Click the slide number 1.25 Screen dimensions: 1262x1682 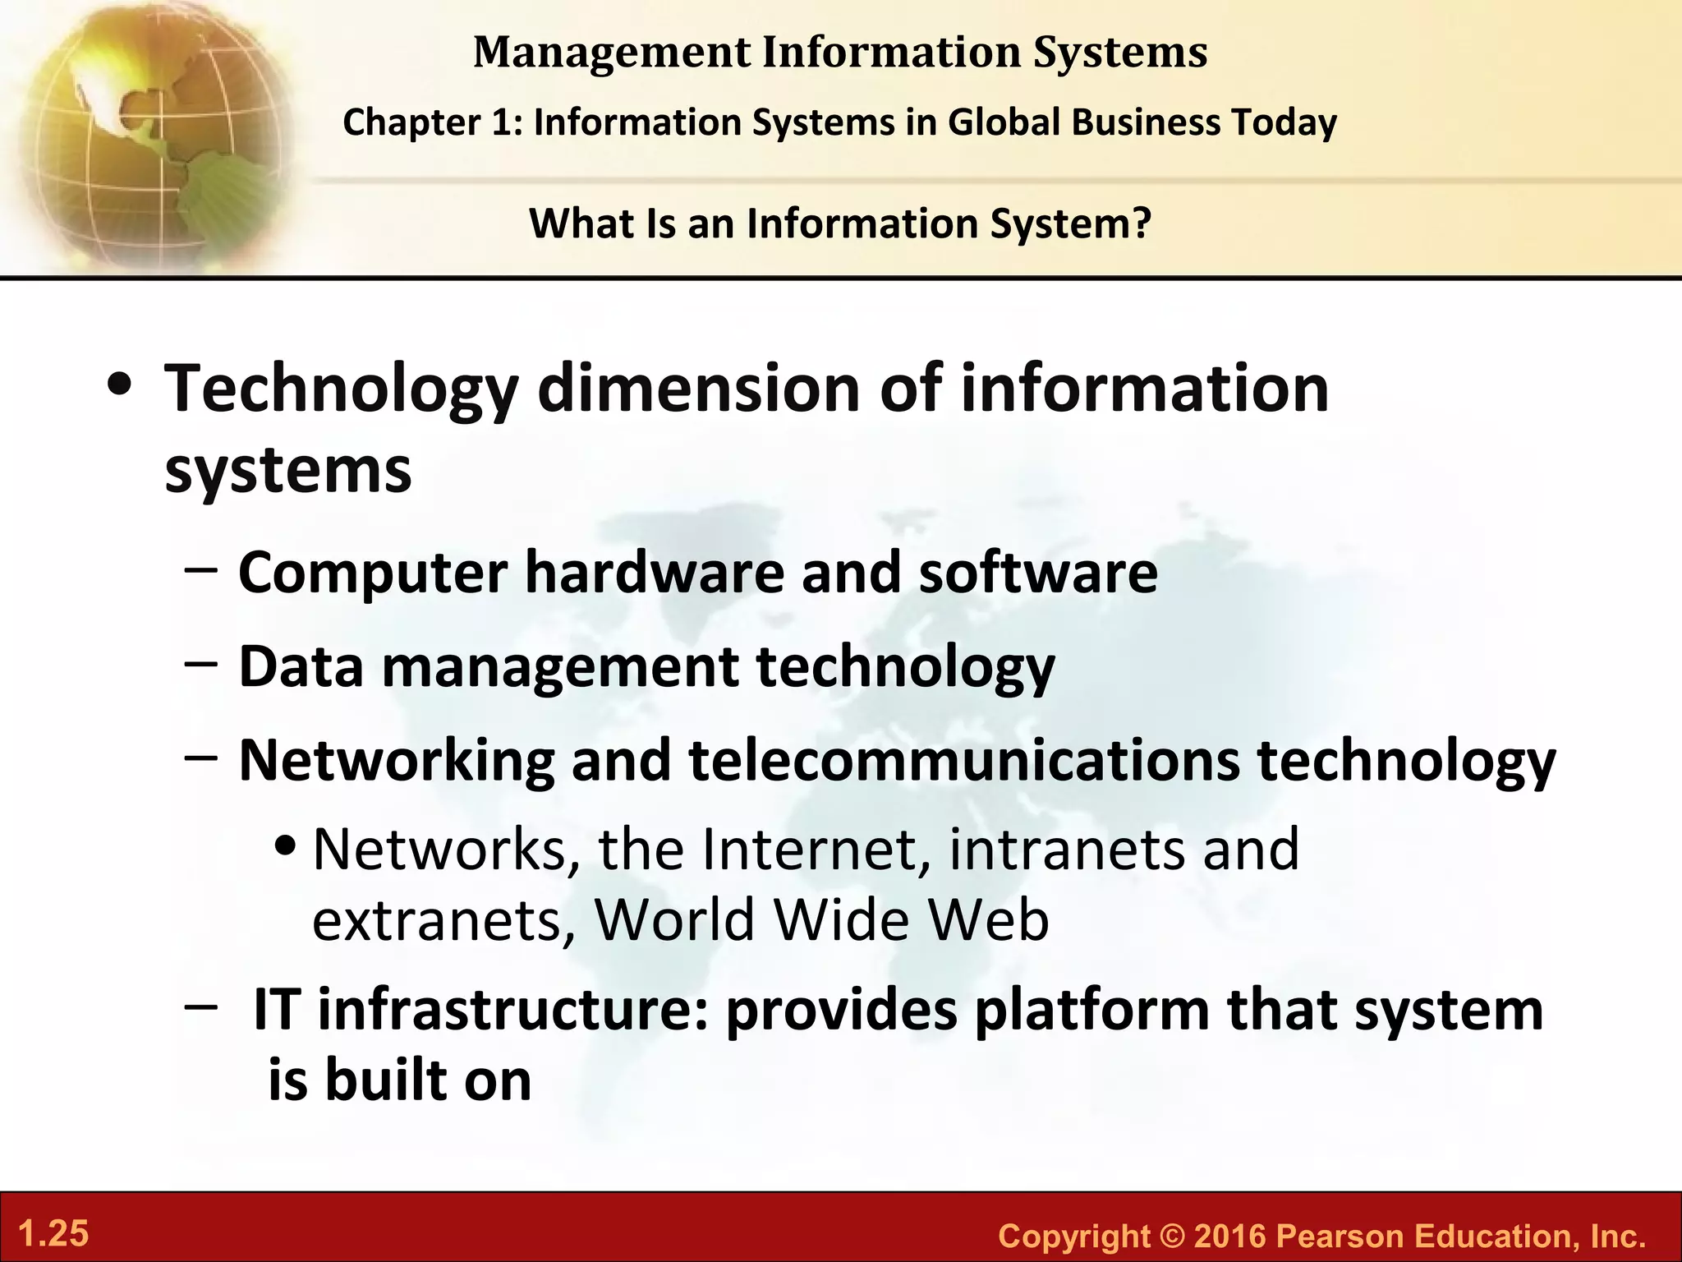pos(53,1234)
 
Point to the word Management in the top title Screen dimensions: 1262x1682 pos(612,53)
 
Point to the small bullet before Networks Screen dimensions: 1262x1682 pos(285,846)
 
